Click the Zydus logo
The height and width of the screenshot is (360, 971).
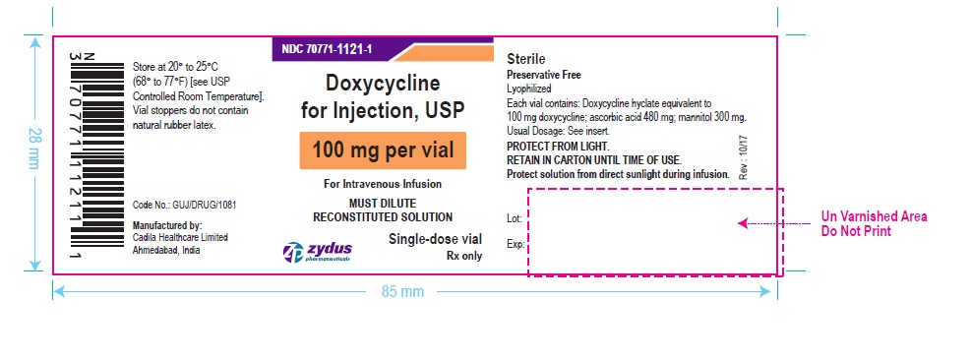[x=316, y=252]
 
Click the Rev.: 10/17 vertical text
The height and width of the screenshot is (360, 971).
[x=742, y=155]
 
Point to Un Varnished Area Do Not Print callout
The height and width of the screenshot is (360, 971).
[x=874, y=223]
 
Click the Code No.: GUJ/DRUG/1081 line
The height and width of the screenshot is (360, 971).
[x=184, y=205]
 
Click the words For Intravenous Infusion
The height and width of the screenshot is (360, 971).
[x=383, y=184]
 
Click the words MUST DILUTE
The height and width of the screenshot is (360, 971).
[x=383, y=204]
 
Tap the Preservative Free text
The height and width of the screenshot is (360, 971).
[x=545, y=75]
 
